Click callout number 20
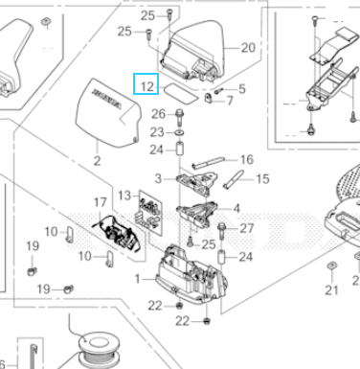coord(248,47)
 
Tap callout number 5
coord(241,89)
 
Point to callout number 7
coord(229,101)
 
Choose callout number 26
coord(159,115)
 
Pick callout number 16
coord(246,160)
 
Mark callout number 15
coord(262,178)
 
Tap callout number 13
coord(124,196)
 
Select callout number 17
coord(101,203)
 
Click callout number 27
coord(247,228)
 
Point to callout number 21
coord(331,290)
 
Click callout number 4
coord(236,208)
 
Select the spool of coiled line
coord(96,347)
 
